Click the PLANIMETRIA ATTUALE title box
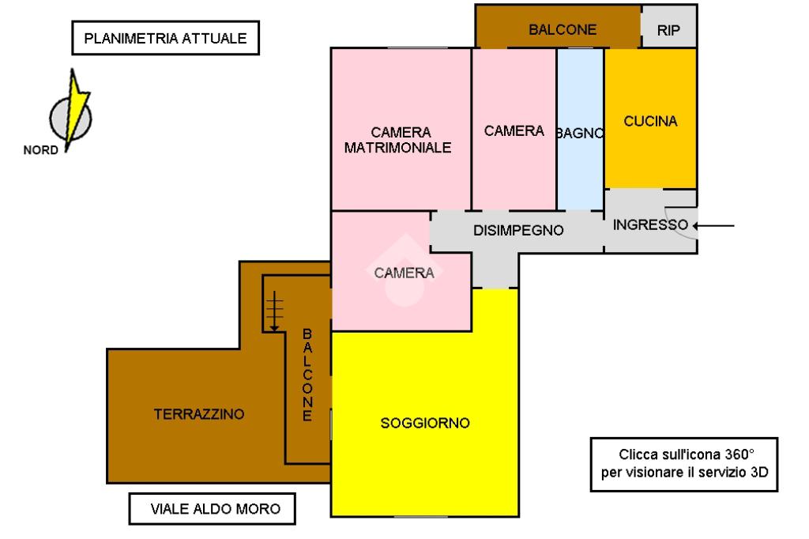click(x=166, y=38)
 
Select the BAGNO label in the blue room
click(x=580, y=133)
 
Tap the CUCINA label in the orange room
click(x=650, y=122)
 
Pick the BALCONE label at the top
click(x=563, y=30)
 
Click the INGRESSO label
click(x=650, y=224)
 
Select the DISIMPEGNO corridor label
click(x=518, y=231)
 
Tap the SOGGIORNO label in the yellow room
click(x=425, y=423)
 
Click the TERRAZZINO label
click(x=199, y=413)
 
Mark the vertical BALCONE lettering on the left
click(x=308, y=375)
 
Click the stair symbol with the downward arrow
click(x=273, y=310)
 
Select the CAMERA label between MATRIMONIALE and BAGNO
click(x=514, y=130)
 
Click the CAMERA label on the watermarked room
click(x=404, y=273)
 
